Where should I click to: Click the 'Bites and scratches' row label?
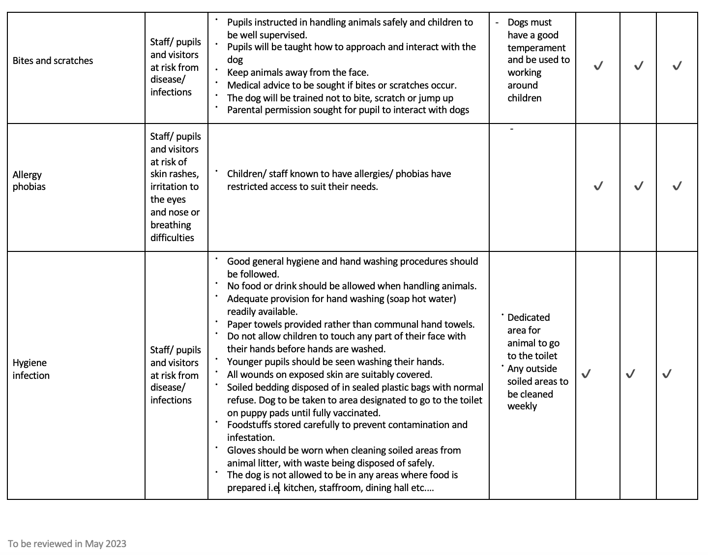coord(53,61)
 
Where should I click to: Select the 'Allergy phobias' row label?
coord(29,181)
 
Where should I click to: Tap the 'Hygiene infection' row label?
coord(31,369)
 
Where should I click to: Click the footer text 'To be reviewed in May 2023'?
coord(67,544)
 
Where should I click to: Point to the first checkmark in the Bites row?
coord(598,65)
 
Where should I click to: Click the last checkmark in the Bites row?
coord(677,65)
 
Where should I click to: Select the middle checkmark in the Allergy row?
coord(638,186)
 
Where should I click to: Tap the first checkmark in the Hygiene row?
coord(586,374)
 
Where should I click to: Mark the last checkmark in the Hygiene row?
coord(667,374)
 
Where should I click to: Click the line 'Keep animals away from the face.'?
coord(297,72)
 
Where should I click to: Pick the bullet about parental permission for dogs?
coord(348,110)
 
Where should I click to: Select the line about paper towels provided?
coord(351,324)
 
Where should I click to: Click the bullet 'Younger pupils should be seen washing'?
coord(335,362)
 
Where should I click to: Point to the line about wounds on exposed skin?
coord(329,374)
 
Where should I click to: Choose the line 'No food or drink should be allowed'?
coord(352,286)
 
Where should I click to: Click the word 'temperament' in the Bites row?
coord(536,48)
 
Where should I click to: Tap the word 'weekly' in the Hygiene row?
coord(522,406)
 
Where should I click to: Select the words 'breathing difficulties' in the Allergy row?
coord(172,231)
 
